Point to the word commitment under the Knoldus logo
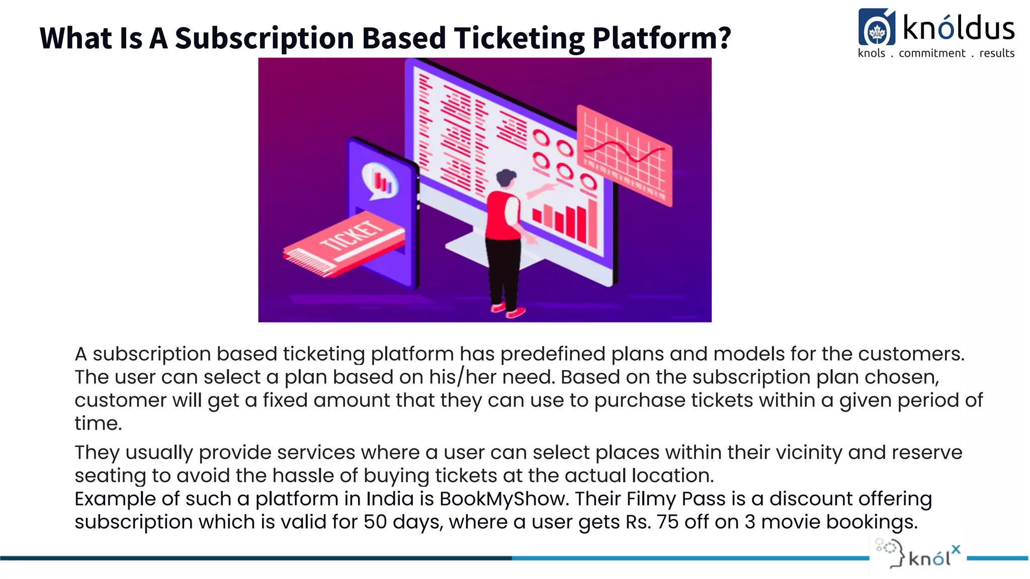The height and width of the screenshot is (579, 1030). tap(932, 53)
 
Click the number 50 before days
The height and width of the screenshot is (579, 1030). tap(375, 522)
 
